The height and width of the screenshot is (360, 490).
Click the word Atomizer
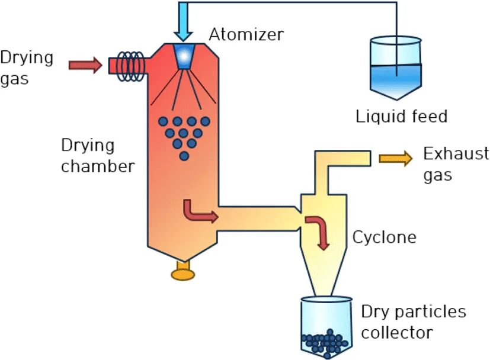click(x=246, y=34)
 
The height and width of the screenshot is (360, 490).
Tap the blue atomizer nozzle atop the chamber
click(x=184, y=55)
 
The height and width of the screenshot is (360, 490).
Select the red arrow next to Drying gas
click(x=85, y=64)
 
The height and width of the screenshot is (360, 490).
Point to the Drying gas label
click(x=27, y=68)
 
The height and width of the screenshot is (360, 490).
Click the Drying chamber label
click(x=97, y=156)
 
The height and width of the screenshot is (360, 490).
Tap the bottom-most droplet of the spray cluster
click(x=184, y=156)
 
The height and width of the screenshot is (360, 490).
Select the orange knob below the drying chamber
click(x=183, y=274)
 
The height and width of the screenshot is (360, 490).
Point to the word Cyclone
click(x=384, y=237)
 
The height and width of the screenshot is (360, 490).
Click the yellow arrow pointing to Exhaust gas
click(x=395, y=157)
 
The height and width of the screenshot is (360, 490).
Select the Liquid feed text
click(x=401, y=116)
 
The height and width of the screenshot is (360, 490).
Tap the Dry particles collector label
click(x=413, y=322)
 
